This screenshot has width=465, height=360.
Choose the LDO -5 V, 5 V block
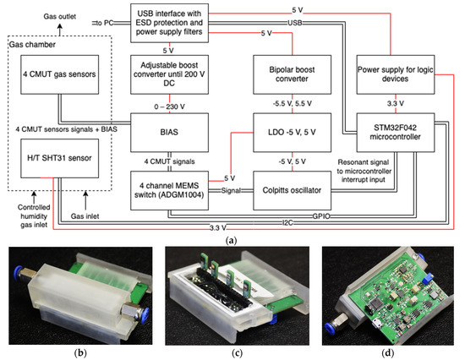[291, 133]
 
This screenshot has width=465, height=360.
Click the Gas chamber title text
[30, 43]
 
